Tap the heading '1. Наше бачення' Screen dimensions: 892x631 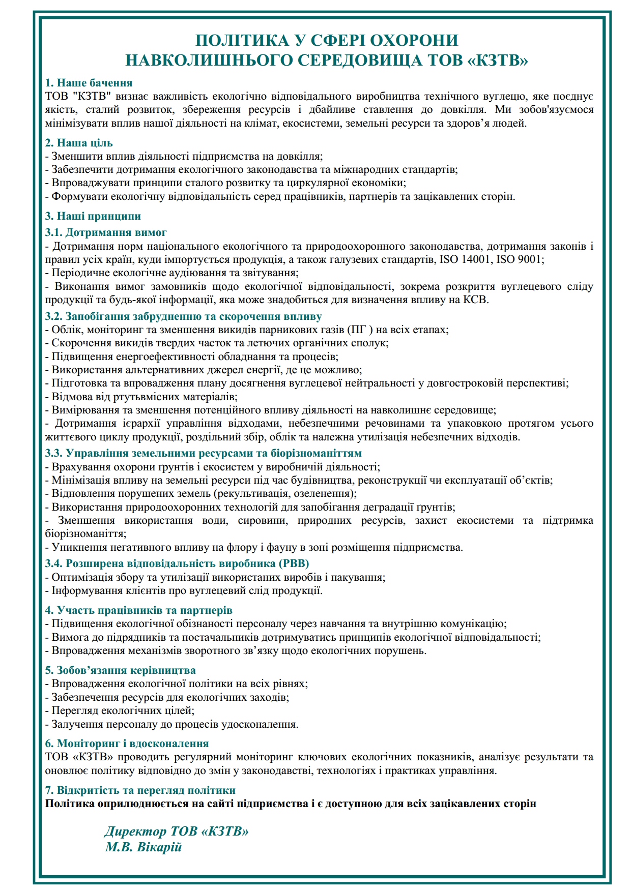89,83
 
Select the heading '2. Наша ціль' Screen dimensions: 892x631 79,143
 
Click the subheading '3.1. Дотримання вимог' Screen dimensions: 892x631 106,232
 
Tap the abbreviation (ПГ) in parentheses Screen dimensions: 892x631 360,330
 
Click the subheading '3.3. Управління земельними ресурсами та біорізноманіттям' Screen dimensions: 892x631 203,453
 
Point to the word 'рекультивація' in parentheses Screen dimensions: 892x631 250,493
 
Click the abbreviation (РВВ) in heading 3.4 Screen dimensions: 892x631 294,563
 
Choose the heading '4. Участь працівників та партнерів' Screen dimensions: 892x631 138,610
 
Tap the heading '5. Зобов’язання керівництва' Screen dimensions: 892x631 120,670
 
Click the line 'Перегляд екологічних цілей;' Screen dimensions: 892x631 120,710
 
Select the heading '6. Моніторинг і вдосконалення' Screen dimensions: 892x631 127,743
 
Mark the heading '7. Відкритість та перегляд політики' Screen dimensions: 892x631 140,790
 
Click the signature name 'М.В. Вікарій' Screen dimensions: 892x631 143,848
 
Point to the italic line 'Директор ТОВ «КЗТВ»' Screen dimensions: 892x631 177,831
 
